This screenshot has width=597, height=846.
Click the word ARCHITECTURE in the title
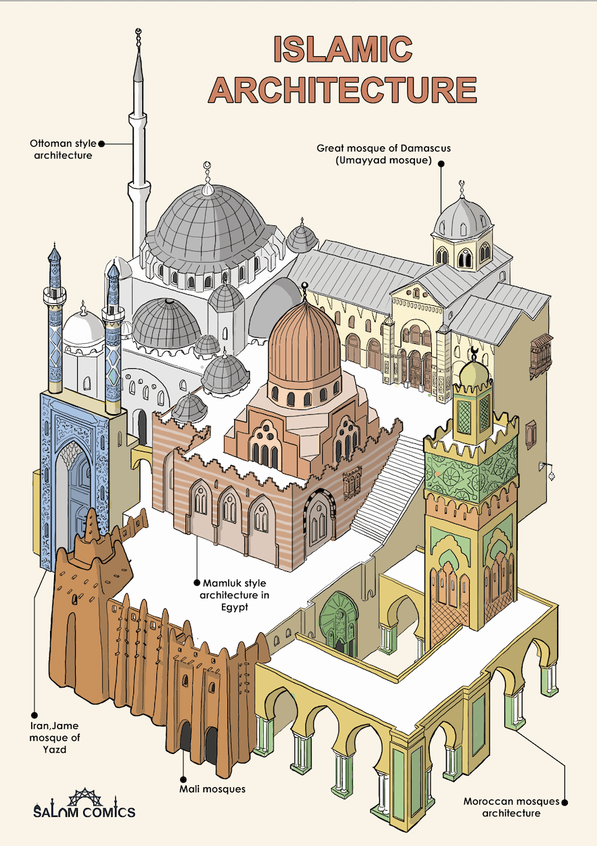pyautogui.click(x=343, y=89)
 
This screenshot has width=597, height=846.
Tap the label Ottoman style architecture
pyautogui.click(x=62, y=150)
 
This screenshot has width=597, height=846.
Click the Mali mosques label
pyautogui.click(x=212, y=789)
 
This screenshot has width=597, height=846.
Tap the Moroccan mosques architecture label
pyautogui.click(x=511, y=807)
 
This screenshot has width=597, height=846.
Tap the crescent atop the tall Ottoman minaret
pyautogui.click(x=139, y=32)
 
